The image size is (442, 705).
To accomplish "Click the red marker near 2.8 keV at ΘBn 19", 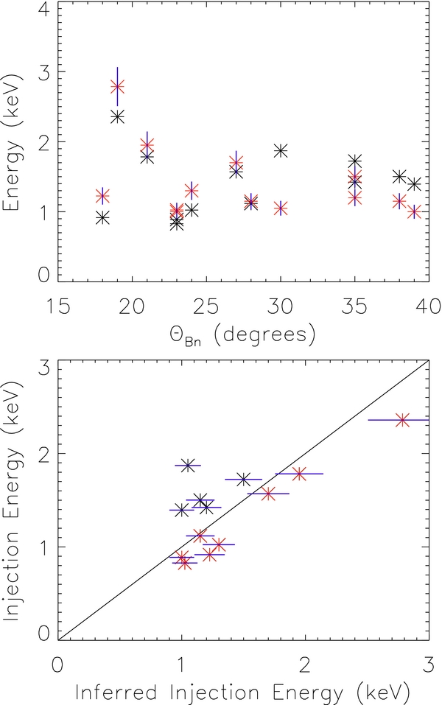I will pos(117,86).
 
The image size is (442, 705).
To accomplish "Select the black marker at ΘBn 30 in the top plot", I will pos(280,150).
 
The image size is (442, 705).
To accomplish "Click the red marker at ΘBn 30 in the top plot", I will pos(280,208).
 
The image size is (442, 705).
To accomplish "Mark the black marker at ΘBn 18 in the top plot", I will pos(102,217).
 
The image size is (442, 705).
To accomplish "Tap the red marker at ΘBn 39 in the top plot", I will pos(414,211).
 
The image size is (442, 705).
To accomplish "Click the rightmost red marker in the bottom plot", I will pos(402,420).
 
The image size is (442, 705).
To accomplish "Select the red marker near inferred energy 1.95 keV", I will pos(298,474).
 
